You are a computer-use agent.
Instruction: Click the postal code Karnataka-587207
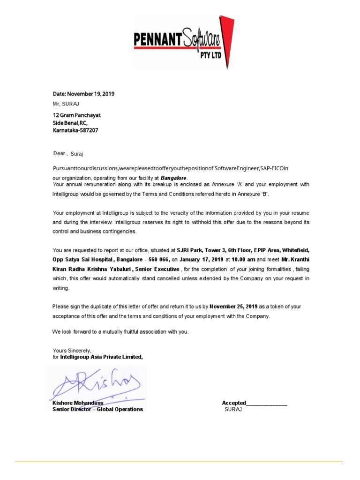[75, 131]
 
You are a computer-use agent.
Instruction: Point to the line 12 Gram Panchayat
[76, 115]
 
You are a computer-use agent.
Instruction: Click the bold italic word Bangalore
[173, 178]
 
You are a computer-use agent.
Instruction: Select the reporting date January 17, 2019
[202, 259]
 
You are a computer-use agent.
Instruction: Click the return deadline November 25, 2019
[233, 307]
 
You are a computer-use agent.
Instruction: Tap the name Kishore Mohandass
[78, 403]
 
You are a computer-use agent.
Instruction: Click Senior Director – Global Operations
[97, 409]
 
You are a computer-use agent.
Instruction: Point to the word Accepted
[234, 403]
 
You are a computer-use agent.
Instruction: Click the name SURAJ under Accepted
[233, 410]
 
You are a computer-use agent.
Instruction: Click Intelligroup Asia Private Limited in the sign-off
[101, 357]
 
